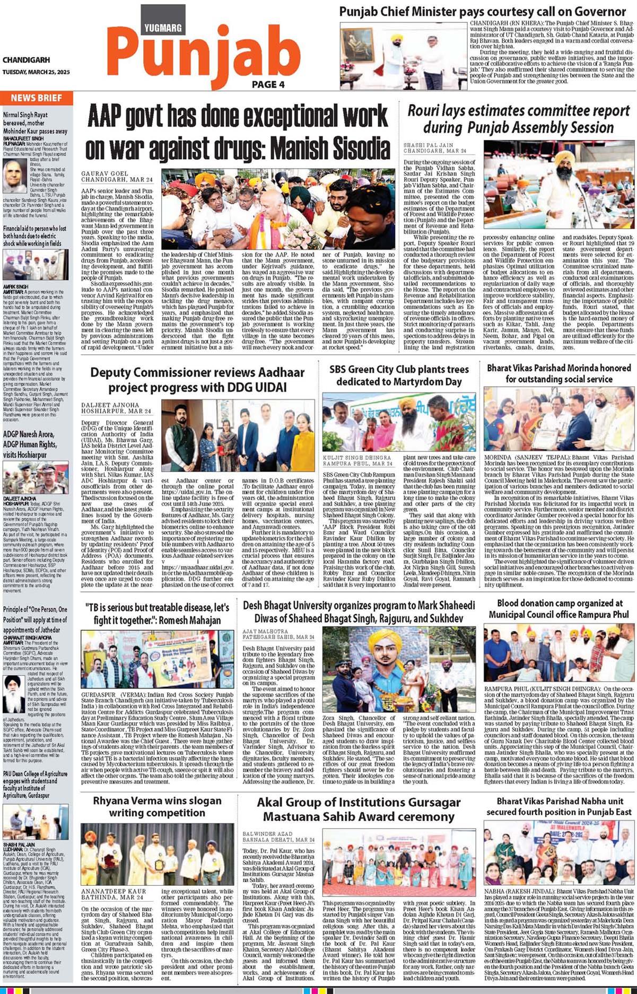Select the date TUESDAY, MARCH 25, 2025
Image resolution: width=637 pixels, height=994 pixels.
coord(36,72)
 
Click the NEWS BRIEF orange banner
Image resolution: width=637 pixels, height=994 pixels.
coord(36,98)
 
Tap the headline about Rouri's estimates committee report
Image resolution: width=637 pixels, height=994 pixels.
coord(518,119)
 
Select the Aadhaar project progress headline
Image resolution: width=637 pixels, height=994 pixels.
coord(197,380)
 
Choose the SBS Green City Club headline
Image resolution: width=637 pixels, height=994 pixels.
coord(399,375)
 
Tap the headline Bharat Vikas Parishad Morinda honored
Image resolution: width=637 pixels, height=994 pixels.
coord(559,373)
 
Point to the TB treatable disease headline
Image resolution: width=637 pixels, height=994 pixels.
coord(158,613)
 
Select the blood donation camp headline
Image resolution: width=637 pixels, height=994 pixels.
coord(559,608)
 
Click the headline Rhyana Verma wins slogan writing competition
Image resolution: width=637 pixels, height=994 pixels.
coord(158,806)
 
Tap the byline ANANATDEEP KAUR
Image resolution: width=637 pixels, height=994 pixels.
coord(114,892)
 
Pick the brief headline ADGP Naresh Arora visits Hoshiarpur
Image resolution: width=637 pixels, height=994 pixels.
coord(30,444)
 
